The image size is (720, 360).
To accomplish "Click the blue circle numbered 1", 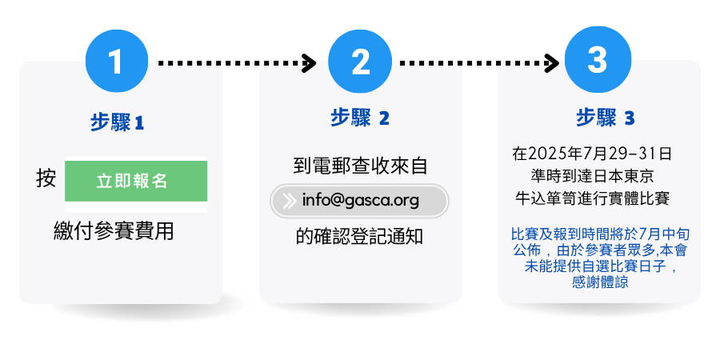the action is (117, 61).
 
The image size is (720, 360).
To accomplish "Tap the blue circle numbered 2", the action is (361, 61).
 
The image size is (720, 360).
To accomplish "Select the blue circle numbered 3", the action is (598, 60).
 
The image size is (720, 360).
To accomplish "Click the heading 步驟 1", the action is (117, 122).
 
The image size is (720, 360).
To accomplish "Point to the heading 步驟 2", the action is (360, 118).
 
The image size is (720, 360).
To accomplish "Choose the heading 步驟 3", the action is (606, 118).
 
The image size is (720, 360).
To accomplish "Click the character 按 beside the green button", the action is (46, 178).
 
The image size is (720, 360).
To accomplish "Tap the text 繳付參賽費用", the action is (114, 231).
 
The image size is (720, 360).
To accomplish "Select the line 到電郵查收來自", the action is (360, 166).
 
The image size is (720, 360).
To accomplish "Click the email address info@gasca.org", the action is (361, 201).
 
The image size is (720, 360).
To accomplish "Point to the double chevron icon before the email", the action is (290, 201).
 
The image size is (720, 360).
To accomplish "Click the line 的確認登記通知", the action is (359, 237).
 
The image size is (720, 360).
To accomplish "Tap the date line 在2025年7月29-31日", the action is (592, 154).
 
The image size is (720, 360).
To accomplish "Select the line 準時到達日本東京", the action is (592, 176).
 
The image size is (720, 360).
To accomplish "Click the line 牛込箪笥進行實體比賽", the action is (592, 198).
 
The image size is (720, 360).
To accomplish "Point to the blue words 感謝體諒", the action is (600, 282).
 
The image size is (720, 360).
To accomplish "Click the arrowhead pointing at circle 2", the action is (309, 63).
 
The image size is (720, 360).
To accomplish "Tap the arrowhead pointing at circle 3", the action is (551, 63).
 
